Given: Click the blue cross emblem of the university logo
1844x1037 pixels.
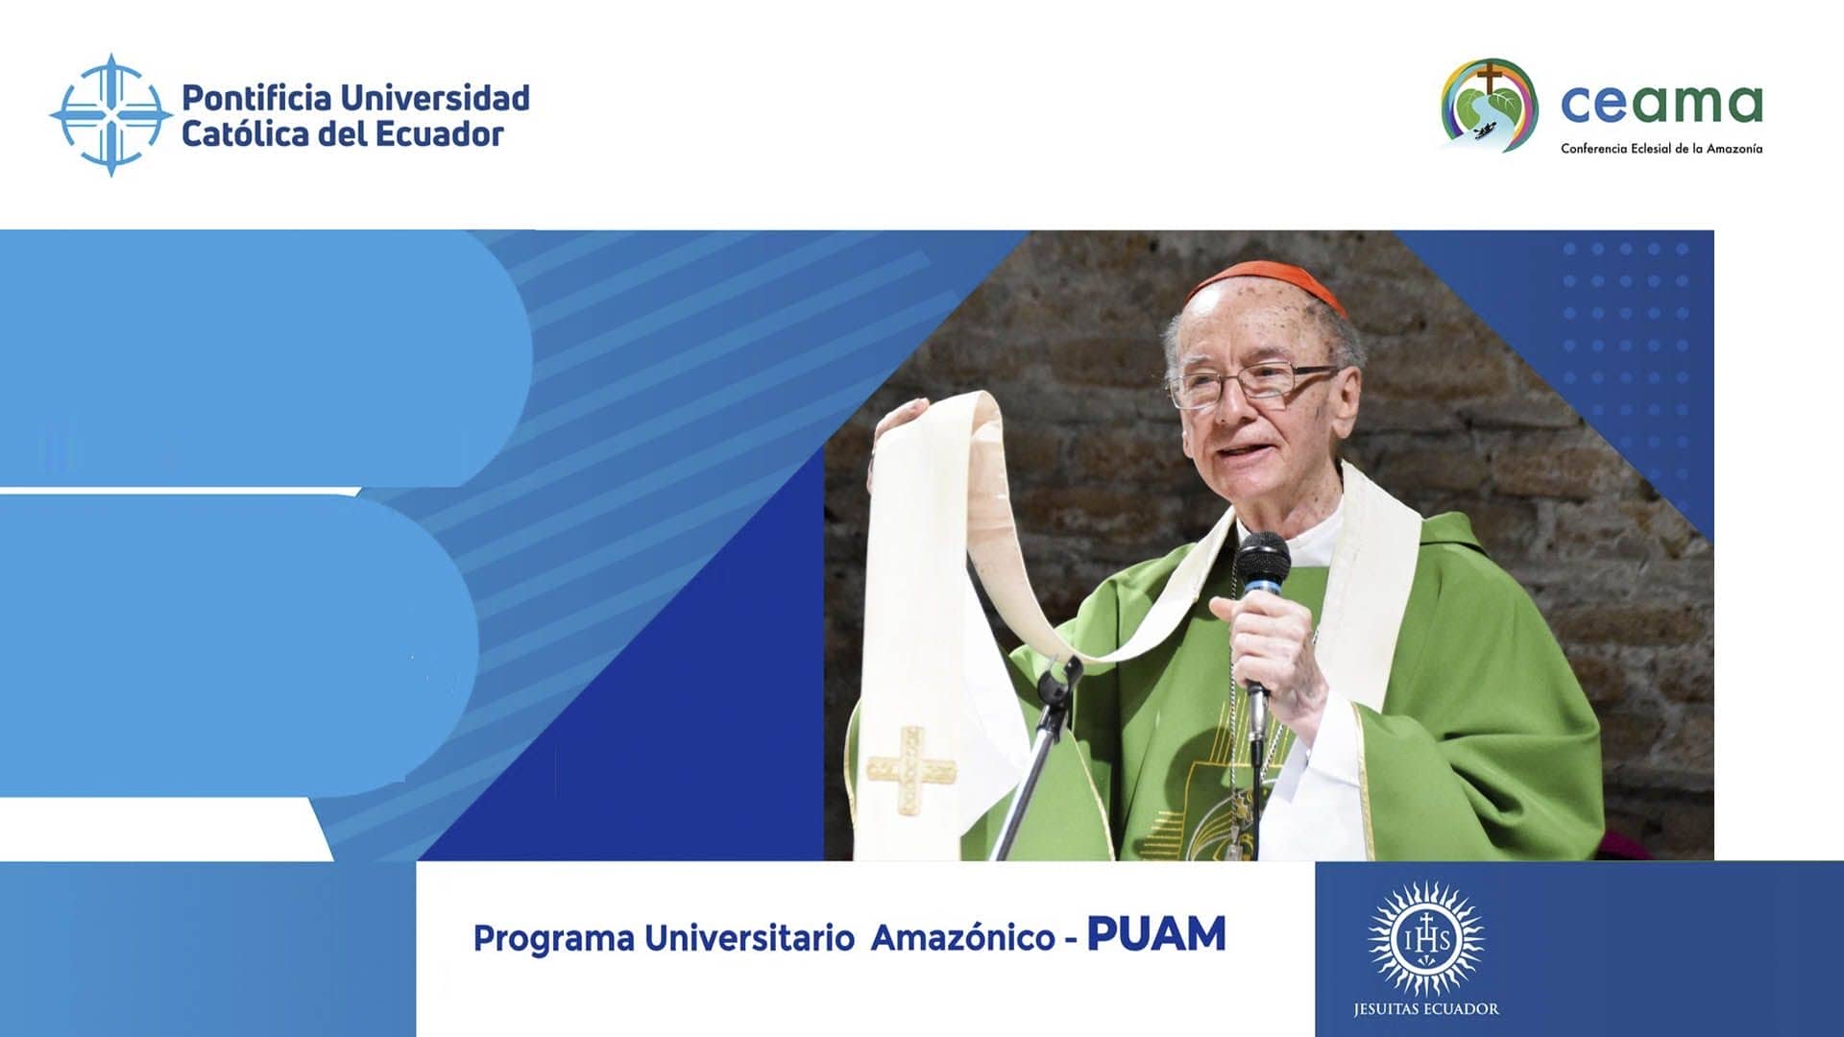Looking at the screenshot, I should [111, 115].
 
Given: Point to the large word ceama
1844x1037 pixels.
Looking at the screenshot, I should [1662, 104].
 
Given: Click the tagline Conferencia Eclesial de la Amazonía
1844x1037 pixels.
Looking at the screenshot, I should [1662, 149].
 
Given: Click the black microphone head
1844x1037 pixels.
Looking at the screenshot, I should [1263, 565].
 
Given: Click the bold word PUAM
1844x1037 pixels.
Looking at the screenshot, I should [1156, 934].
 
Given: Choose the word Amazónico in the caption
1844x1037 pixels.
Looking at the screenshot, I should [962, 938].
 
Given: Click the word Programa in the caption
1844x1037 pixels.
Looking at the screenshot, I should [553, 939].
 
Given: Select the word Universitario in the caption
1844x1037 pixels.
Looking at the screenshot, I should [749, 938].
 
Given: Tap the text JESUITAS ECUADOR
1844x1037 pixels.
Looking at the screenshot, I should [1426, 1009].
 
